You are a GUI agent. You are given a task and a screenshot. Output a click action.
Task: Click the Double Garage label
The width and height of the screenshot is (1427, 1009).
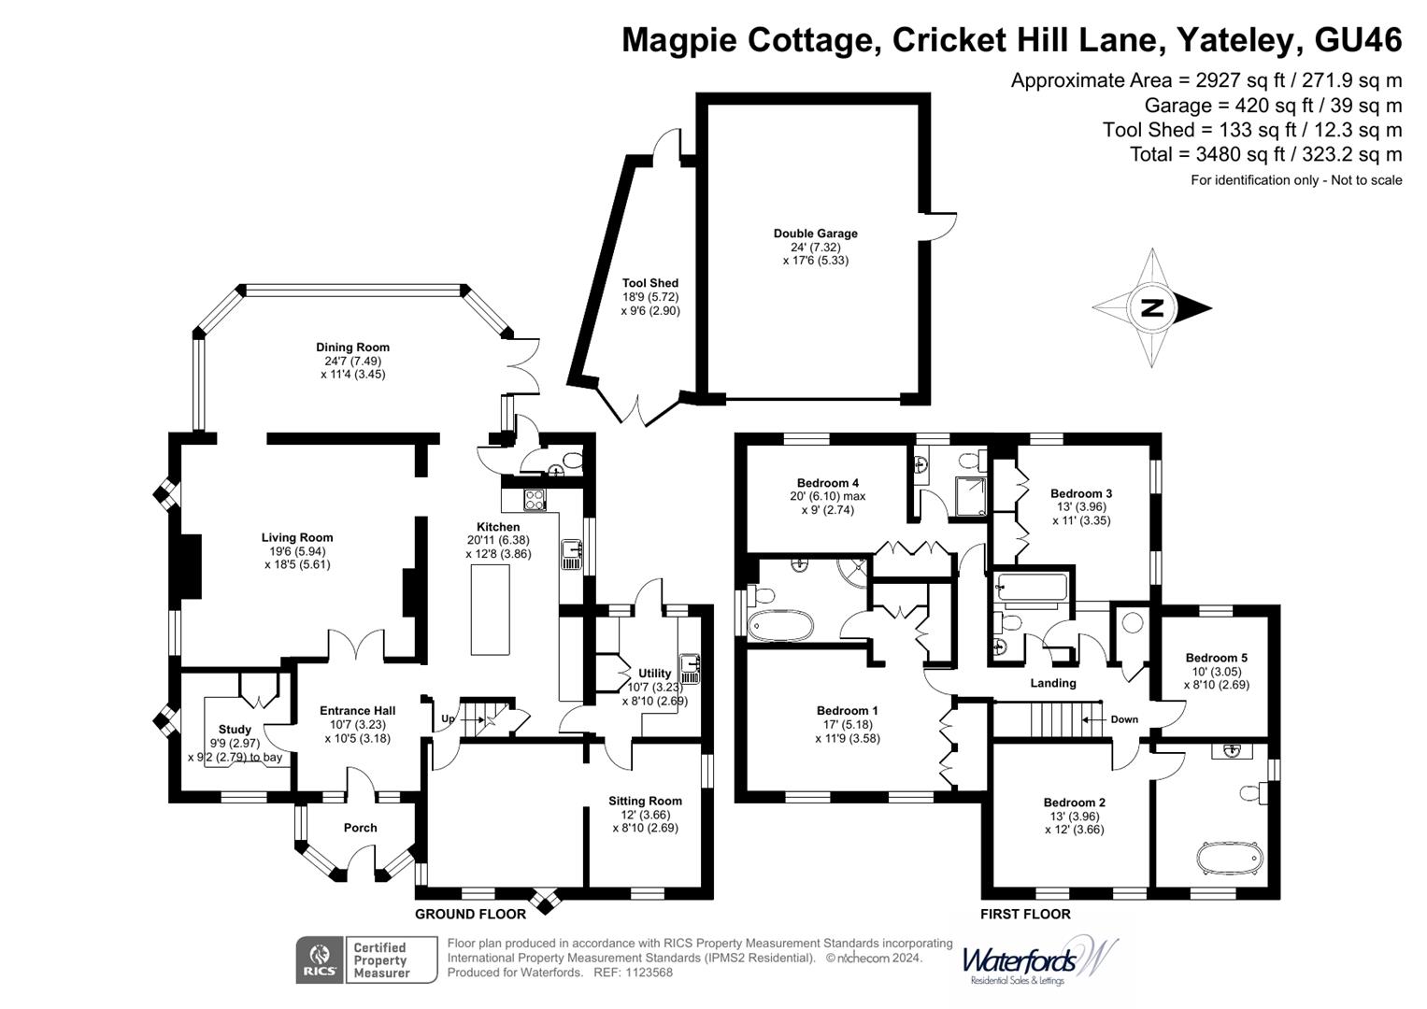[815, 234]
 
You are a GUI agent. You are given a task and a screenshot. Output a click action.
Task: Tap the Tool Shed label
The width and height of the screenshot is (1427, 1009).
[650, 283]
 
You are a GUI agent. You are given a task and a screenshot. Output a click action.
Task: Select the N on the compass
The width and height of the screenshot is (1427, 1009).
[1151, 307]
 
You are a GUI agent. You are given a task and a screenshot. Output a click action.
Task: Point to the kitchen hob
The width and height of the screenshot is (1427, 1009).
[535, 500]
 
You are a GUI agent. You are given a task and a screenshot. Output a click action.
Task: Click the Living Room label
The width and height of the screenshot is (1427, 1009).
[297, 537]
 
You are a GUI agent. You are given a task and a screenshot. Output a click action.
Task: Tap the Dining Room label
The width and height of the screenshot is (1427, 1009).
[352, 348]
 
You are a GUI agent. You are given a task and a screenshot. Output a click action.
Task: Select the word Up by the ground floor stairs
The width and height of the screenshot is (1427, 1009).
[449, 719]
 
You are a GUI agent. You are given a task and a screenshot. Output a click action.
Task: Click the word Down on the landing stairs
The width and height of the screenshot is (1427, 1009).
[1124, 719]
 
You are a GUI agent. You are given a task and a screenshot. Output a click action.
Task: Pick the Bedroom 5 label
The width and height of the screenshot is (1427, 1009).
[1216, 658]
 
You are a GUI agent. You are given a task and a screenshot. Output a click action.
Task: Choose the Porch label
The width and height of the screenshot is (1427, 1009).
[360, 828]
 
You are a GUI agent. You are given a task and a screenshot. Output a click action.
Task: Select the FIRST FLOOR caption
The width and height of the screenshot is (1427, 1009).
[1025, 914]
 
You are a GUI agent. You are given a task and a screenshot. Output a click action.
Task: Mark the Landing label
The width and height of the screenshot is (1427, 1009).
[1052, 683]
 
